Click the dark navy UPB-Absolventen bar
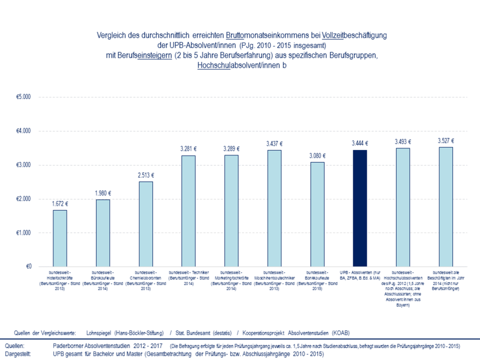pos(359,208)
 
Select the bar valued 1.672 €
pos(59,238)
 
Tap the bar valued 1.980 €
pos(103,233)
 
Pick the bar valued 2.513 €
pos(145,224)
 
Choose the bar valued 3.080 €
pos(317,214)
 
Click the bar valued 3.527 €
pos(445,206)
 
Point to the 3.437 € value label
pos(274,144)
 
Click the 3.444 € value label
pos(360,143)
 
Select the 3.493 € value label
pos(403,142)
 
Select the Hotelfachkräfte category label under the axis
pos(59,280)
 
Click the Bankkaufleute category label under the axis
pos(317,280)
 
